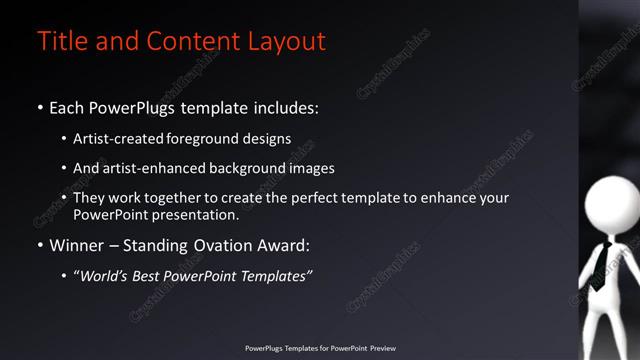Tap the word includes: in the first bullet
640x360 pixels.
pyautogui.click(x=282, y=107)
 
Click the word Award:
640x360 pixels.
pyautogui.click(x=291, y=245)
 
